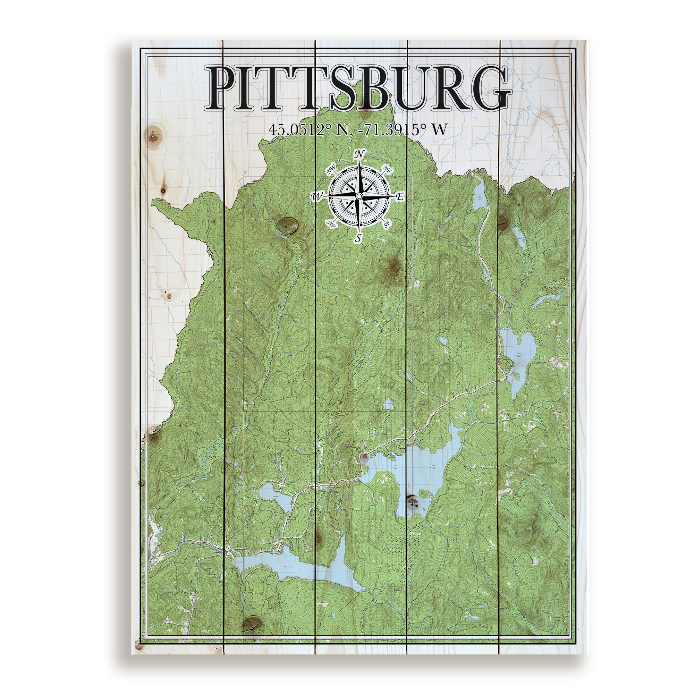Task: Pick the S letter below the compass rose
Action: (x=359, y=237)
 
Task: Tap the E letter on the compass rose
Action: (x=400, y=197)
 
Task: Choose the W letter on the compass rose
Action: (x=317, y=196)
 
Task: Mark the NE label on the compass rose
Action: (x=387, y=169)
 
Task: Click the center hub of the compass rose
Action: (x=359, y=196)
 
